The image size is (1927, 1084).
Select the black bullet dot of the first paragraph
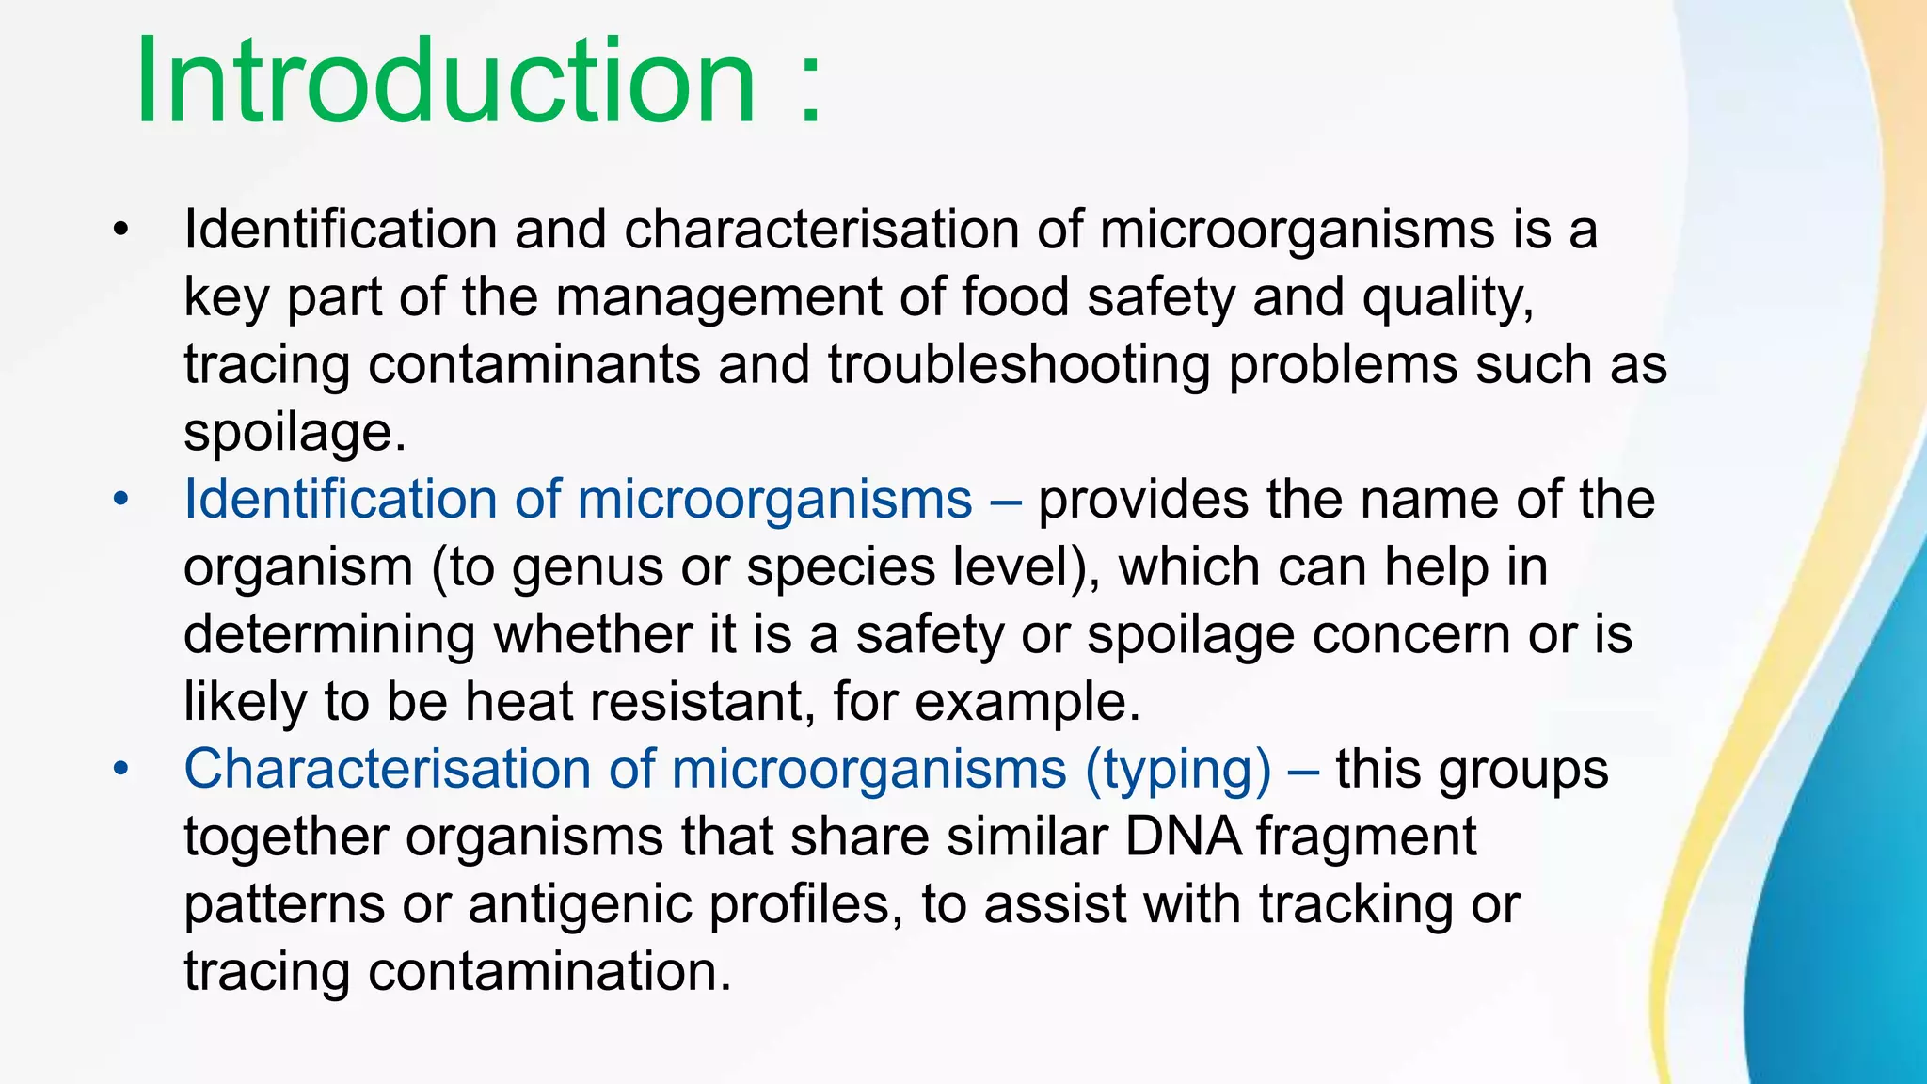119,230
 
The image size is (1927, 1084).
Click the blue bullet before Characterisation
119,770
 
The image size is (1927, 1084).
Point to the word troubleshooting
1019,365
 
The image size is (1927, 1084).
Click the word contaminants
534,365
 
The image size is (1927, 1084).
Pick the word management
718,297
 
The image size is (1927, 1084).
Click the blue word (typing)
1178,770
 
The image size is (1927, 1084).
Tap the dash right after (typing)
1303,770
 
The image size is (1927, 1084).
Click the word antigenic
579,905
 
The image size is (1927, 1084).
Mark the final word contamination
549,971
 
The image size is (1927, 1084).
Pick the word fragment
1365,837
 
